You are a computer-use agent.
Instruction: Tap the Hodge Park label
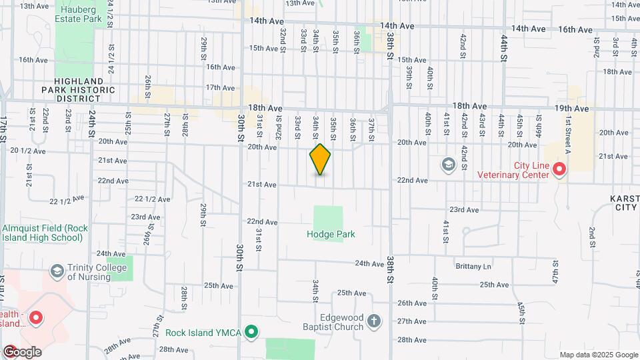pos(331,235)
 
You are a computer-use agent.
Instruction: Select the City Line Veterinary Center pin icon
pos(560,171)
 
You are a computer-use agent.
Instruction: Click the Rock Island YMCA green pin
pos(251,331)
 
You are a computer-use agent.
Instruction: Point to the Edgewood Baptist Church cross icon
pos(375,322)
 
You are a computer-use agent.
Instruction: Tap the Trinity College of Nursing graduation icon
pos(57,271)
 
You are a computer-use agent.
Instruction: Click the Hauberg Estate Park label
pos(81,15)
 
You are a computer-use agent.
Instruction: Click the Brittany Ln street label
pos(473,267)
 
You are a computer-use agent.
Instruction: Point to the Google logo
pos(22,351)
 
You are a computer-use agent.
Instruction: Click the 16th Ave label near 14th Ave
pos(575,29)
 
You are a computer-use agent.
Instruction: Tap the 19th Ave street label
pos(571,108)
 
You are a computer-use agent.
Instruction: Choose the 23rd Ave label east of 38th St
pos(464,209)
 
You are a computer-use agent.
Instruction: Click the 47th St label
pos(555,275)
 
